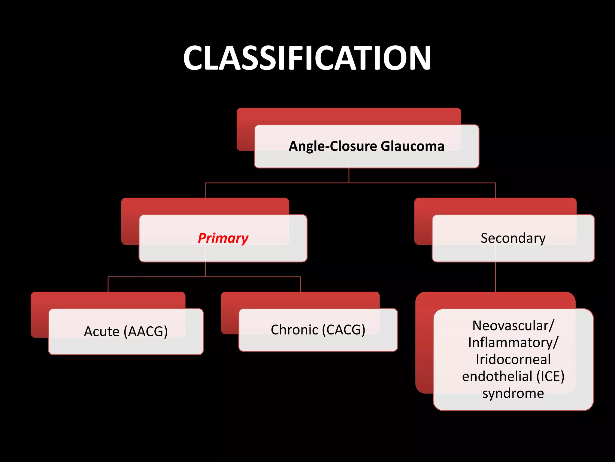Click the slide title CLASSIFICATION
(x=307, y=58)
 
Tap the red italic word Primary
(x=223, y=238)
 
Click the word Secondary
(x=513, y=238)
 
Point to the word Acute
(x=101, y=331)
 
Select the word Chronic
(x=294, y=330)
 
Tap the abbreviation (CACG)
(x=344, y=330)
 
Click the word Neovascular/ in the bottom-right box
(x=513, y=326)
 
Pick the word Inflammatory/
(x=513, y=343)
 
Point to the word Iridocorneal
(x=513, y=359)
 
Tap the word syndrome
(x=513, y=393)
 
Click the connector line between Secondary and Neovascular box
(x=495, y=277)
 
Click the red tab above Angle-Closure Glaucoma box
(x=348, y=116)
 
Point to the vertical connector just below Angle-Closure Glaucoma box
(x=349, y=175)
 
